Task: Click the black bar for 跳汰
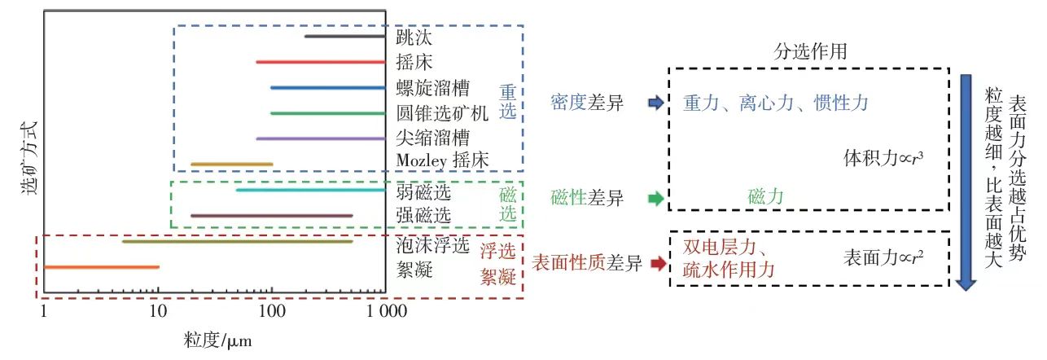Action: [x=344, y=36]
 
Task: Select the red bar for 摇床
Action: [x=319, y=61]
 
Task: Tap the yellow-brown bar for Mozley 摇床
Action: [x=231, y=164]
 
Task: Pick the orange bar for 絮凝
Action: [x=101, y=266]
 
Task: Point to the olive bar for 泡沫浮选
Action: [x=236, y=241]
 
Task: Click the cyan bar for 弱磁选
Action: [x=309, y=190]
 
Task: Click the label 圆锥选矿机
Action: [x=440, y=112]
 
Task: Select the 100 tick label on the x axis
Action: [x=271, y=311]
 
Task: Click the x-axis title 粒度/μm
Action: [x=217, y=340]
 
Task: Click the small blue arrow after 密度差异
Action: [x=655, y=103]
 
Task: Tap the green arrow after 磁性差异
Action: [x=654, y=197]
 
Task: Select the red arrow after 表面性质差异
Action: [x=657, y=264]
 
